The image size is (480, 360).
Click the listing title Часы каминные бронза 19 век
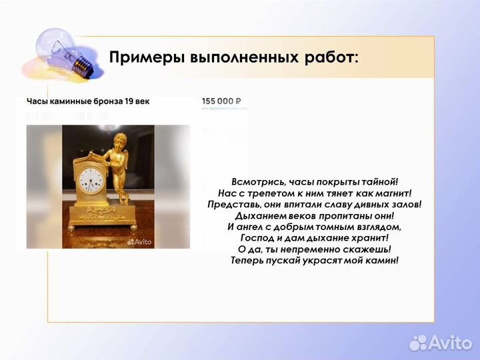click(x=88, y=101)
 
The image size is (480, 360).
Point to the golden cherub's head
click(x=119, y=143)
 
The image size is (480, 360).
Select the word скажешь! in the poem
click(x=365, y=249)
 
